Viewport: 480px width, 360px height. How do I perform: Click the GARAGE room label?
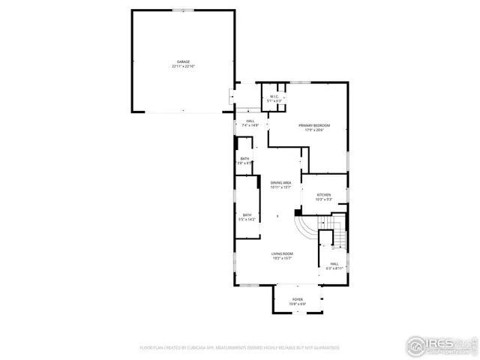tap(183, 61)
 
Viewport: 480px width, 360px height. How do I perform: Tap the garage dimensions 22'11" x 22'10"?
tap(183, 67)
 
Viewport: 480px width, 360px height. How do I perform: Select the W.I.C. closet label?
tap(271, 96)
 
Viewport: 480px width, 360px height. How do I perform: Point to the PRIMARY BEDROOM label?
tap(314, 125)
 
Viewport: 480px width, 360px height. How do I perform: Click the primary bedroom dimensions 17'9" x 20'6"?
tap(314, 130)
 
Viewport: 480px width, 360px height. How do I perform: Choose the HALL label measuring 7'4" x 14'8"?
tap(250, 121)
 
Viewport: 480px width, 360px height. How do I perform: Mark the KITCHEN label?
tap(323, 194)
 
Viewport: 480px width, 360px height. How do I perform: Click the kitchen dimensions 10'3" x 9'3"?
tap(323, 199)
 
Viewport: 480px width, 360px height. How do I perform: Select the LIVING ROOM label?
tap(282, 253)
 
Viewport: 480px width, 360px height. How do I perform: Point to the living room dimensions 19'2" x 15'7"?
tap(282, 259)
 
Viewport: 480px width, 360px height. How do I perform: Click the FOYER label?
tap(298, 298)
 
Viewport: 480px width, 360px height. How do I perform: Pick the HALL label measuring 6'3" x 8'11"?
tap(334, 263)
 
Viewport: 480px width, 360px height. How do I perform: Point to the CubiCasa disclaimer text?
tap(239, 348)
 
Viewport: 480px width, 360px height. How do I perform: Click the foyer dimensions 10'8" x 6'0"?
tap(298, 304)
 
